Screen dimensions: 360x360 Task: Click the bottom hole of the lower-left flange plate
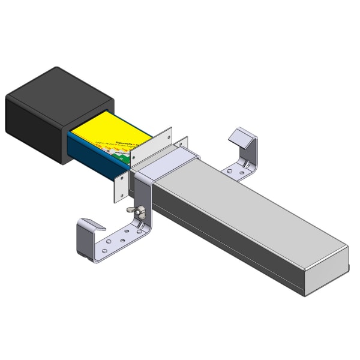[118, 195]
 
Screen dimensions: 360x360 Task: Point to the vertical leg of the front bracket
[144, 204]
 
